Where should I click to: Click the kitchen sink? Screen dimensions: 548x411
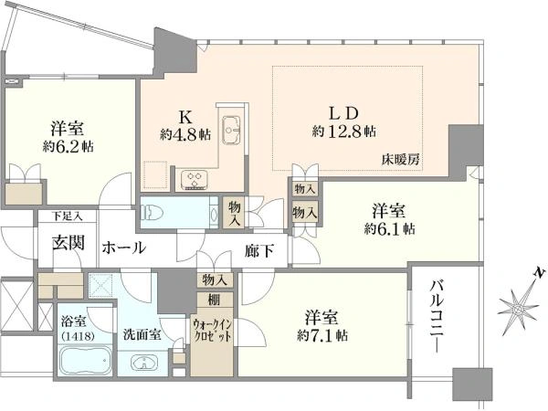(231, 129)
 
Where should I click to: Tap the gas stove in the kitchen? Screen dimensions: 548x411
(195, 180)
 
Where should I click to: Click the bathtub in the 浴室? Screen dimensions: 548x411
(86, 360)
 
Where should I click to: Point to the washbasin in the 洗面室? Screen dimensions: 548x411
(144, 364)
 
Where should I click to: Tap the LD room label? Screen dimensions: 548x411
(344, 113)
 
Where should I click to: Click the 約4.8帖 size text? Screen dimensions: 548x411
(185, 134)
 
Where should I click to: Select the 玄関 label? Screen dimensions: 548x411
(68, 242)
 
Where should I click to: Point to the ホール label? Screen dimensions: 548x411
(123, 248)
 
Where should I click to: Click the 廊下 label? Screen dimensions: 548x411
(259, 250)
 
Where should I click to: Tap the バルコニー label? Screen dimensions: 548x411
(437, 316)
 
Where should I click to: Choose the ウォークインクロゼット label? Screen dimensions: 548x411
(212, 331)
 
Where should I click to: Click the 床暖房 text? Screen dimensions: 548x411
(400, 160)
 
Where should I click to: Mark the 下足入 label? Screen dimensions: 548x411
(67, 216)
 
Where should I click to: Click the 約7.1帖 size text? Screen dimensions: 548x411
(321, 335)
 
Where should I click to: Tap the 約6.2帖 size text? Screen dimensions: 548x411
(68, 146)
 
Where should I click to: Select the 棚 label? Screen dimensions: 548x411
(214, 300)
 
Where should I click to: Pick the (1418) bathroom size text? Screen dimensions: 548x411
(78, 336)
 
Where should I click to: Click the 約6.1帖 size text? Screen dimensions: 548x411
(389, 229)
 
